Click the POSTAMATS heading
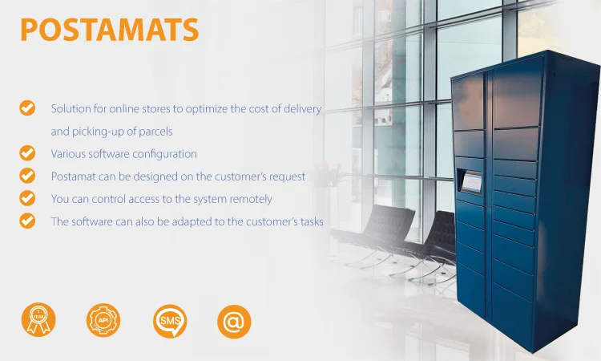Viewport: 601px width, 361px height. coord(110,30)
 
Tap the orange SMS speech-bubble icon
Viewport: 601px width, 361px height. coord(170,321)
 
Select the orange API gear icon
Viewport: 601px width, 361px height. coord(103,320)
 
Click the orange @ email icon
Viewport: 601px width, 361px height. coord(234,322)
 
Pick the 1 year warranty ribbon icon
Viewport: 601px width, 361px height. coord(38,319)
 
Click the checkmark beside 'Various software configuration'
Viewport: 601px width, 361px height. coord(27,153)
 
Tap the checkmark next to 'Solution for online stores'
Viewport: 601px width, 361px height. coord(27,107)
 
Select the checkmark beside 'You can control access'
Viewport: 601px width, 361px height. coord(27,198)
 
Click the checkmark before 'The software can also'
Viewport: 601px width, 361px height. coord(27,221)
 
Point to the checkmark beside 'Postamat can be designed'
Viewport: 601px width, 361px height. coord(27,176)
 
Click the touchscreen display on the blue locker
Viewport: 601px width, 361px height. coord(471,182)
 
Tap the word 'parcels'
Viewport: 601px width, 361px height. coord(155,132)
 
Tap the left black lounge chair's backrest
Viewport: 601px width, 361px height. coord(388,221)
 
